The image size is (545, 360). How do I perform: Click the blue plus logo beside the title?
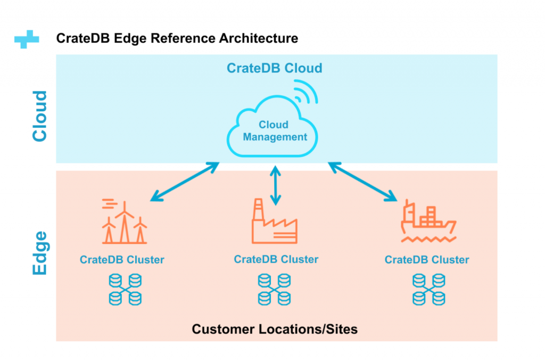[x=27, y=39]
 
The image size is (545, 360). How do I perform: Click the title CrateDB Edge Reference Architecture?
[x=177, y=39]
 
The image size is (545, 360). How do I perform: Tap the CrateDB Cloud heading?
[x=274, y=68]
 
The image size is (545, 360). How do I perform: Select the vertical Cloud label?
[x=40, y=116]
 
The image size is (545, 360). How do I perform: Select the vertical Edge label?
[x=40, y=253]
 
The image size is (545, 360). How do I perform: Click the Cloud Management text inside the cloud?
[x=275, y=131]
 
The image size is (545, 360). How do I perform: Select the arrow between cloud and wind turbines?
[x=185, y=182]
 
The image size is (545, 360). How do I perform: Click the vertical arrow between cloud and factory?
[x=275, y=185]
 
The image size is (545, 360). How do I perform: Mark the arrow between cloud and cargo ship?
[x=362, y=182]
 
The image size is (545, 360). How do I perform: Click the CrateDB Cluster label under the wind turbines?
[x=122, y=260]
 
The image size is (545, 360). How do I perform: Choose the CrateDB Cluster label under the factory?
[x=276, y=259]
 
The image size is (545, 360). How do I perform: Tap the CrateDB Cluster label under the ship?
[x=427, y=260]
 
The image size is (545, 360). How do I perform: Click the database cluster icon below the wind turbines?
[x=125, y=289]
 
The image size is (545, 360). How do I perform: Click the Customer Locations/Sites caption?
[x=275, y=329]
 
